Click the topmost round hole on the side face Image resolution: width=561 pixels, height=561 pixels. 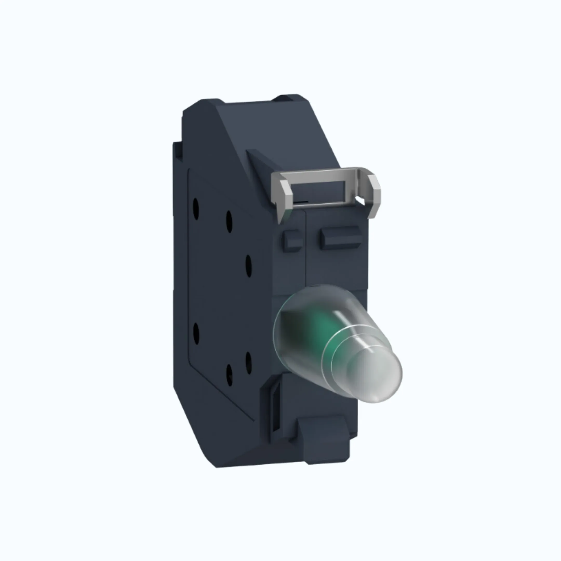click(196, 209)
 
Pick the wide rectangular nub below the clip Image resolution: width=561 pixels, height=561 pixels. click(340, 238)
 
